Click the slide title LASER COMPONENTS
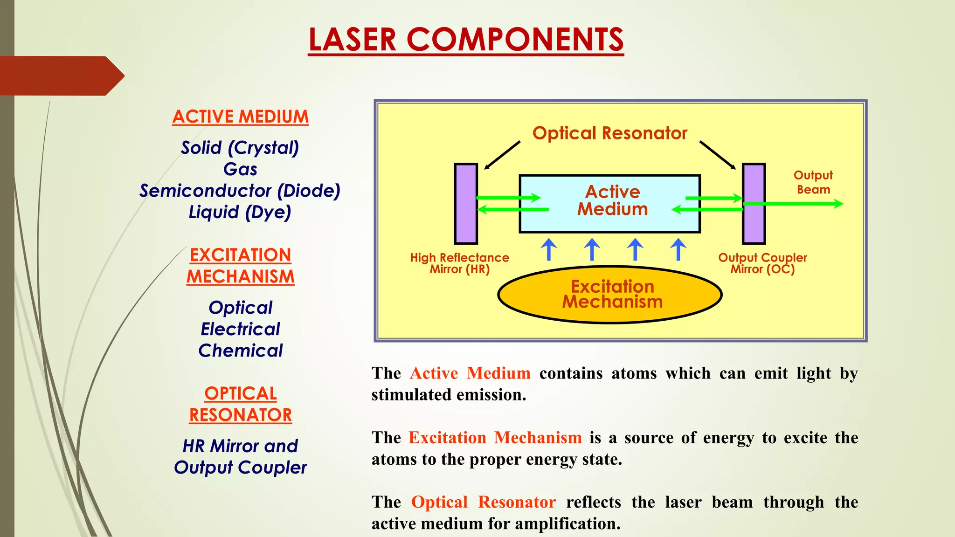tap(465, 40)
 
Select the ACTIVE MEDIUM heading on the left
tap(240, 117)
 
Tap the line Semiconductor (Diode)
tap(240, 191)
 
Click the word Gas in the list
tap(240, 169)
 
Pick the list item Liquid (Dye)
tap(240, 213)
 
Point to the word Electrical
tap(240, 329)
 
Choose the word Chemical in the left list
tap(240, 351)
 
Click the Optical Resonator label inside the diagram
tap(609, 133)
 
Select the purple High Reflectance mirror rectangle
tap(466, 204)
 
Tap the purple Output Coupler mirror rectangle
tap(754, 204)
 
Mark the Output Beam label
tap(813, 182)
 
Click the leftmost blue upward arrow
tap(549, 249)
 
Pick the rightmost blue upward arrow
tap(678, 249)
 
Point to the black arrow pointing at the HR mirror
tap(502, 155)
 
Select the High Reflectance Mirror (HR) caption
tap(459, 263)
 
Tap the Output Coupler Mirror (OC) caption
tap(762, 263)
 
